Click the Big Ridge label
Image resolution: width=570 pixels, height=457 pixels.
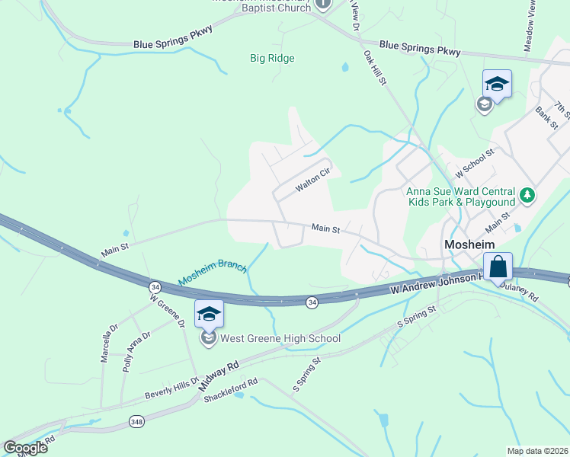coord(272,58)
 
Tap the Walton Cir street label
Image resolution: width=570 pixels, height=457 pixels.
coord(312,179)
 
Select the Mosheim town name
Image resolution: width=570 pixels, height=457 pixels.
coord(469,244)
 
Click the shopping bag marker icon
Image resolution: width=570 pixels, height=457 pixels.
coord(498,267)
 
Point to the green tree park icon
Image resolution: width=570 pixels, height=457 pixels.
coord(527,196)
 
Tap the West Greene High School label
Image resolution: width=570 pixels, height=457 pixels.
coord(280,338)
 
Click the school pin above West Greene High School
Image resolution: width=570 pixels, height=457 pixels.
coord(209,314)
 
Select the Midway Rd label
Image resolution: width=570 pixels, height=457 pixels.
coord(219,375)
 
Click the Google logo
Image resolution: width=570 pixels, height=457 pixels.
coord(25,448)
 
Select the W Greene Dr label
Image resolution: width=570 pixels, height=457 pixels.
coord(168,312)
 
